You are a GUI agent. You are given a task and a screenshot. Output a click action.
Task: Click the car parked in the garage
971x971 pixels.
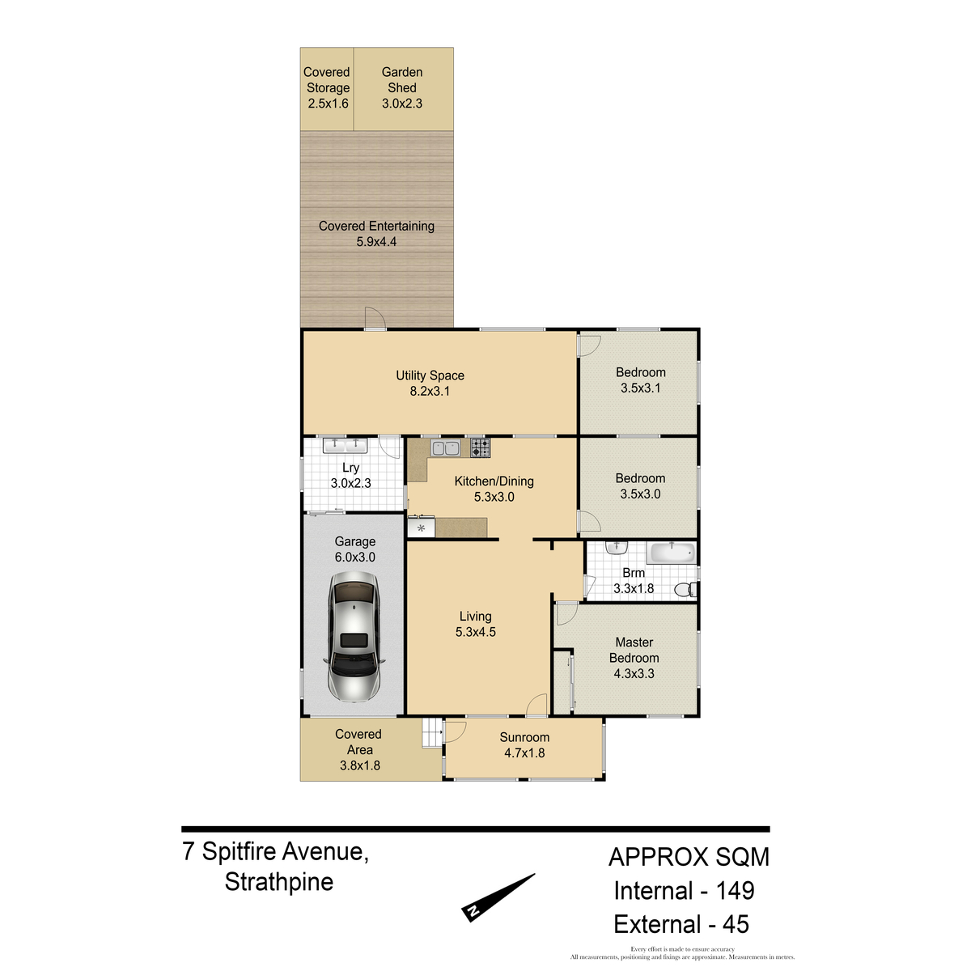354,637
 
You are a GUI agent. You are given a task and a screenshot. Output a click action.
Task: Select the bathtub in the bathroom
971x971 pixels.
672,553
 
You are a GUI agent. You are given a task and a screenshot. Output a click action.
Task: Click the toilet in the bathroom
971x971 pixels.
685,589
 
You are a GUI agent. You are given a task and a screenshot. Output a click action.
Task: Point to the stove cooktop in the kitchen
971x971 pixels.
480,447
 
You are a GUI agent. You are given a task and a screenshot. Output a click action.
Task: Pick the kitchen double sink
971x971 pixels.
445,447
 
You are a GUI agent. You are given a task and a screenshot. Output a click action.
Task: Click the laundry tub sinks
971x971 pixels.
346,445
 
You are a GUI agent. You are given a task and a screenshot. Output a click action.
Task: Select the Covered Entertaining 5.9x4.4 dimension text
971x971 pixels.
376,242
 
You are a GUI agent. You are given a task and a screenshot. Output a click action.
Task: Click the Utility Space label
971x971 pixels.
430,375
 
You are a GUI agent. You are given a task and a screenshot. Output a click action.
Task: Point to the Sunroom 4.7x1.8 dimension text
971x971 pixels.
524,753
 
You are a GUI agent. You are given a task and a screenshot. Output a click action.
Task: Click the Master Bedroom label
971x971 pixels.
634,650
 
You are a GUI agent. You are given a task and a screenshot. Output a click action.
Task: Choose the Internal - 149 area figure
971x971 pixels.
684,891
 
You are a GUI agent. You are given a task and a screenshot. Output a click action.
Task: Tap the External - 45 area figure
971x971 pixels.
681,924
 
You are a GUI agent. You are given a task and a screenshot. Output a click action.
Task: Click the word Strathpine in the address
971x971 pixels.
279,882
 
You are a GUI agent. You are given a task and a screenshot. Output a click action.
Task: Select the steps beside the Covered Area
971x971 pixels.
432,732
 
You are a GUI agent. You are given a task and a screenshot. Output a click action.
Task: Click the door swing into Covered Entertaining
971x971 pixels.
375,318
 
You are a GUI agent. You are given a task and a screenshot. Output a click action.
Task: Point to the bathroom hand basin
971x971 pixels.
617,548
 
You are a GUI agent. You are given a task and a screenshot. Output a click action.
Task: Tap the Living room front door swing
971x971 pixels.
536,705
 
